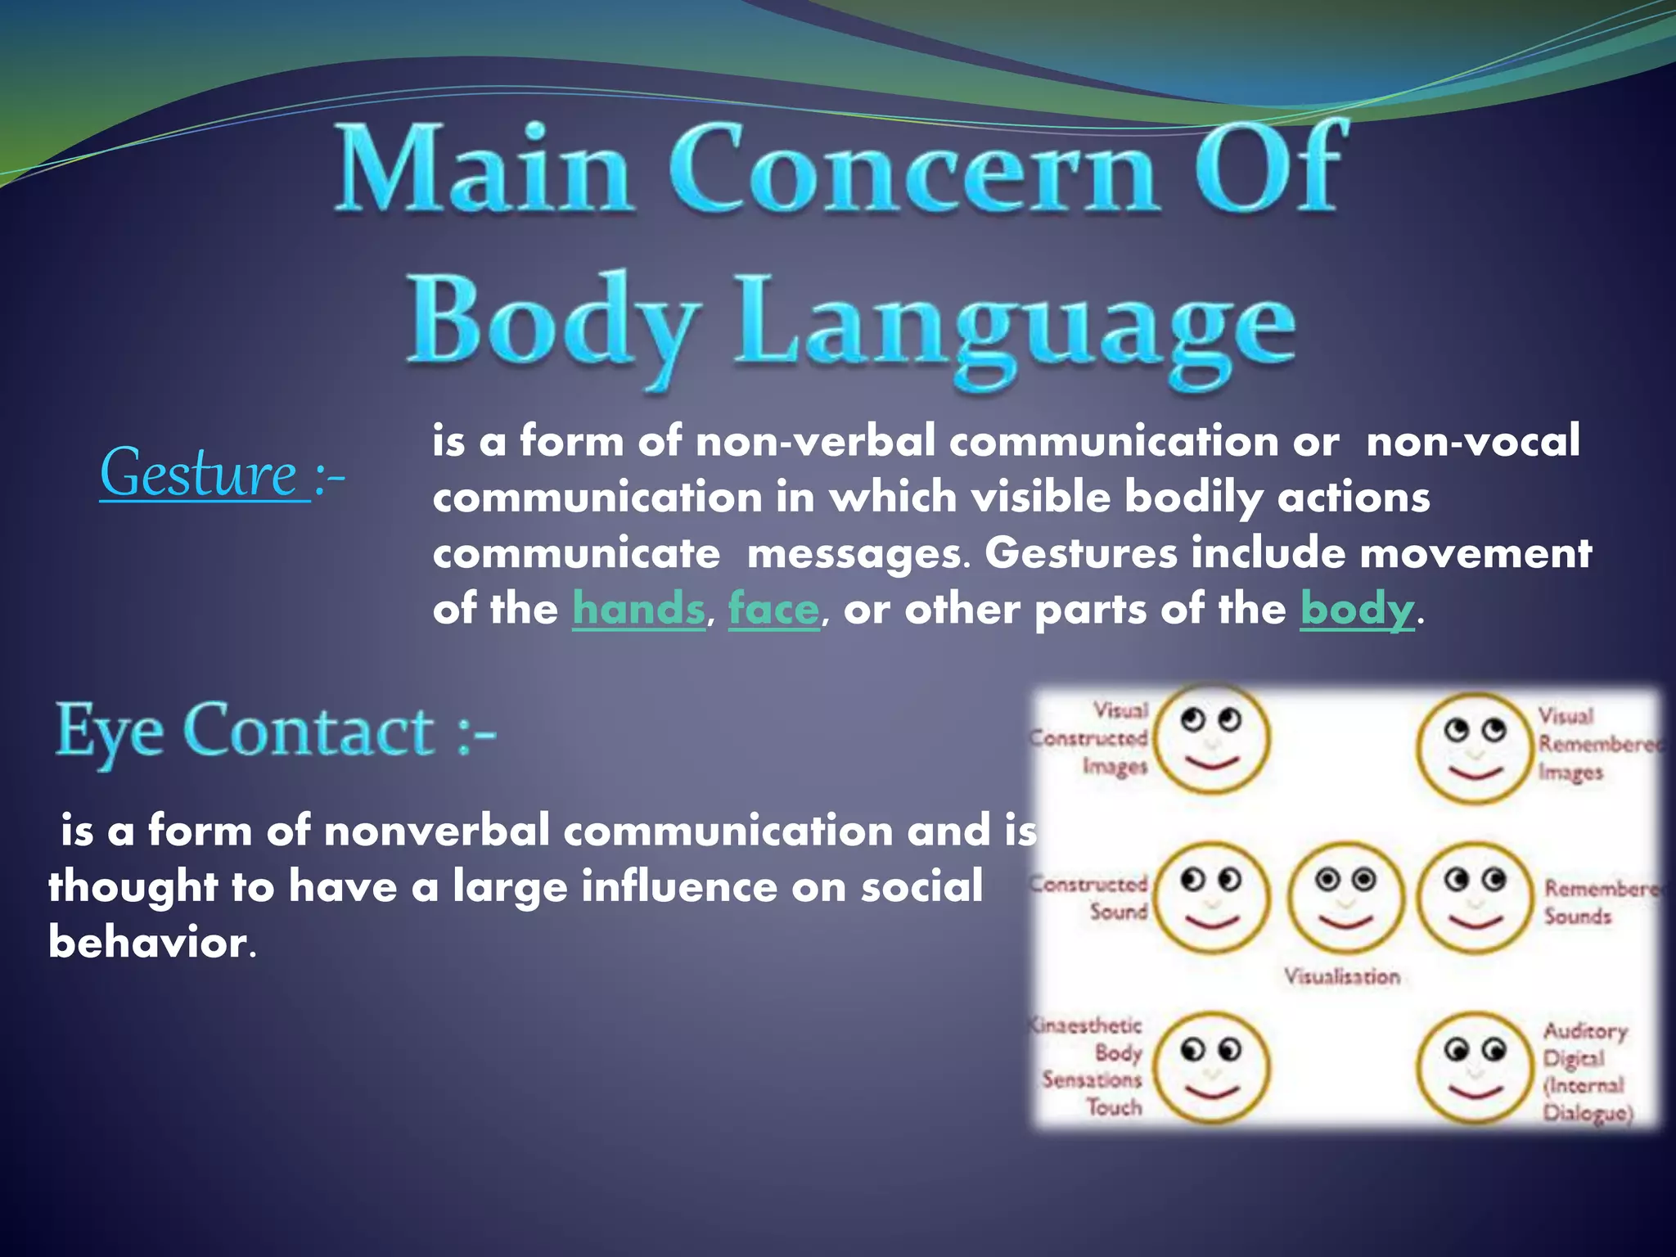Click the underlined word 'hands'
pos(638,610)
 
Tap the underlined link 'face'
pos(773,610)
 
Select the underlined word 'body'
pos(1357,610)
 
